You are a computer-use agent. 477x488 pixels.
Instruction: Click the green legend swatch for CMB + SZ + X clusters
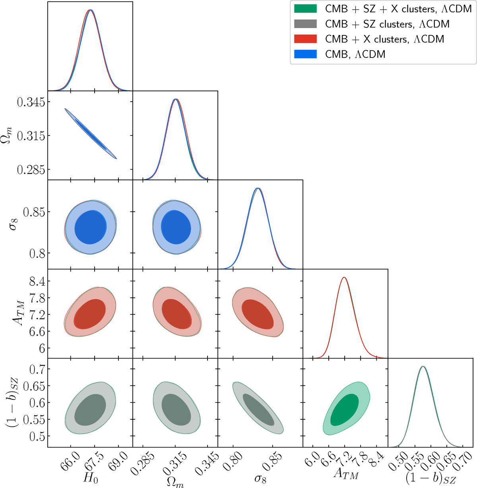point(305,9)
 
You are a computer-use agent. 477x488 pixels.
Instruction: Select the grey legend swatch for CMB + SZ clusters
point(305,24)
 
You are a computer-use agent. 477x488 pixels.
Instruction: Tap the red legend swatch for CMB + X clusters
point(305,39)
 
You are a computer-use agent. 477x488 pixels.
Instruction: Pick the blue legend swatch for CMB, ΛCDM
point(305,54)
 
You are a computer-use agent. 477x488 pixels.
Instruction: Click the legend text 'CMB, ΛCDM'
point(355,54)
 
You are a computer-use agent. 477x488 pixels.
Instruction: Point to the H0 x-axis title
point(90,478)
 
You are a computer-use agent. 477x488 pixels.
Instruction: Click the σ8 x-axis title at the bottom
point(260,478)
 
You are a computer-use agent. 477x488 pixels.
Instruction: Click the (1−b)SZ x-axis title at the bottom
point(430,479)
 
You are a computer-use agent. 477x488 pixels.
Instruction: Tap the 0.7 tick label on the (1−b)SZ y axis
point(37,369)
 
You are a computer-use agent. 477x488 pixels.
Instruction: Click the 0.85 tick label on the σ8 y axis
point(34,212)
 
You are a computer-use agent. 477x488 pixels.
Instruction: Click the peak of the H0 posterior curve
point(90,10)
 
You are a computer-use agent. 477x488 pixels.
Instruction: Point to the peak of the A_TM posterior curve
point(344,278)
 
